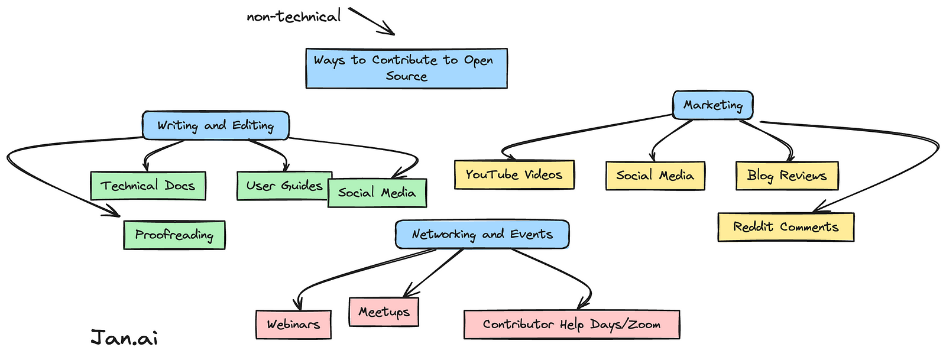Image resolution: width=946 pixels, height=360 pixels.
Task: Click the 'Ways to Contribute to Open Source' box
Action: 406,68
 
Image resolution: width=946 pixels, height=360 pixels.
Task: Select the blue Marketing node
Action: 712,105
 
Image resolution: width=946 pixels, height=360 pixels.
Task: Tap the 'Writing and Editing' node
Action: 215,125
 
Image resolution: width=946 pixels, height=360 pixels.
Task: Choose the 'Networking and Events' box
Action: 482,234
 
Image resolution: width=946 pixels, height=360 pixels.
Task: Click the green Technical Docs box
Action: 147,186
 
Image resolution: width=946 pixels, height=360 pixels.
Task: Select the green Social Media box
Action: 377,193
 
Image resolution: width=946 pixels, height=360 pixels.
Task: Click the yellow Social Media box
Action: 655,176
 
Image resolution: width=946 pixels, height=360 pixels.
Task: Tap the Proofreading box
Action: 174,235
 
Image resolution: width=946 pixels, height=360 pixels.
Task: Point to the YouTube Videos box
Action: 514,174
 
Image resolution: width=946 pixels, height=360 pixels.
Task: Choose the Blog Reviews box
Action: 786,176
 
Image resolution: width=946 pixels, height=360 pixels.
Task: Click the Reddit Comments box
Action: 786,227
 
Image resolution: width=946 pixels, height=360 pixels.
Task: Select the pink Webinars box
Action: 293,324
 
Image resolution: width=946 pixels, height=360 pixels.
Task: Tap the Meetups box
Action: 384,312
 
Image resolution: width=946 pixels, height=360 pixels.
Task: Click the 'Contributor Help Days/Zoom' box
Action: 571,324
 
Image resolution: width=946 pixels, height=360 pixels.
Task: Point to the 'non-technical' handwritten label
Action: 293,16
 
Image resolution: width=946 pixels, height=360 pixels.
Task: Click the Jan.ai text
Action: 124,338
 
